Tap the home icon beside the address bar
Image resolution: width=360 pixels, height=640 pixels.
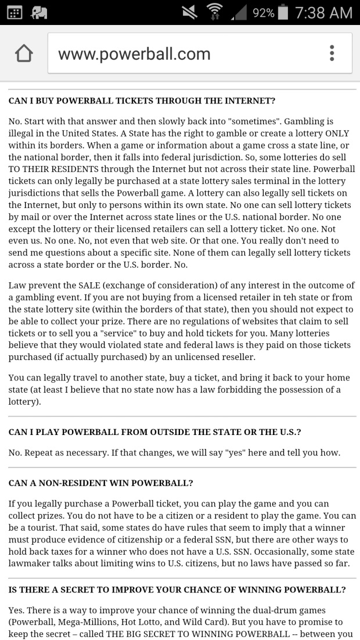click(24, 54)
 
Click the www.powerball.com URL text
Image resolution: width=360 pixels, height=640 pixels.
click(134, 54)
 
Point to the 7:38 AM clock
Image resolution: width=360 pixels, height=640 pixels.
click(323, 12)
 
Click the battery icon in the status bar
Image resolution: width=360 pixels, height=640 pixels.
click(283, 12)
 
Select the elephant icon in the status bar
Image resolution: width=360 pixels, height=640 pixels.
click(40, 12)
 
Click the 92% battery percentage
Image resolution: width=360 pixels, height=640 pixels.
click(263, 12)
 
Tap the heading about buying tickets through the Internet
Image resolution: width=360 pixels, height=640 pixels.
click(142, 100)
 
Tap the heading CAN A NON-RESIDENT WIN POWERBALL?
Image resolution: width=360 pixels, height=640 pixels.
click(101, 483)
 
